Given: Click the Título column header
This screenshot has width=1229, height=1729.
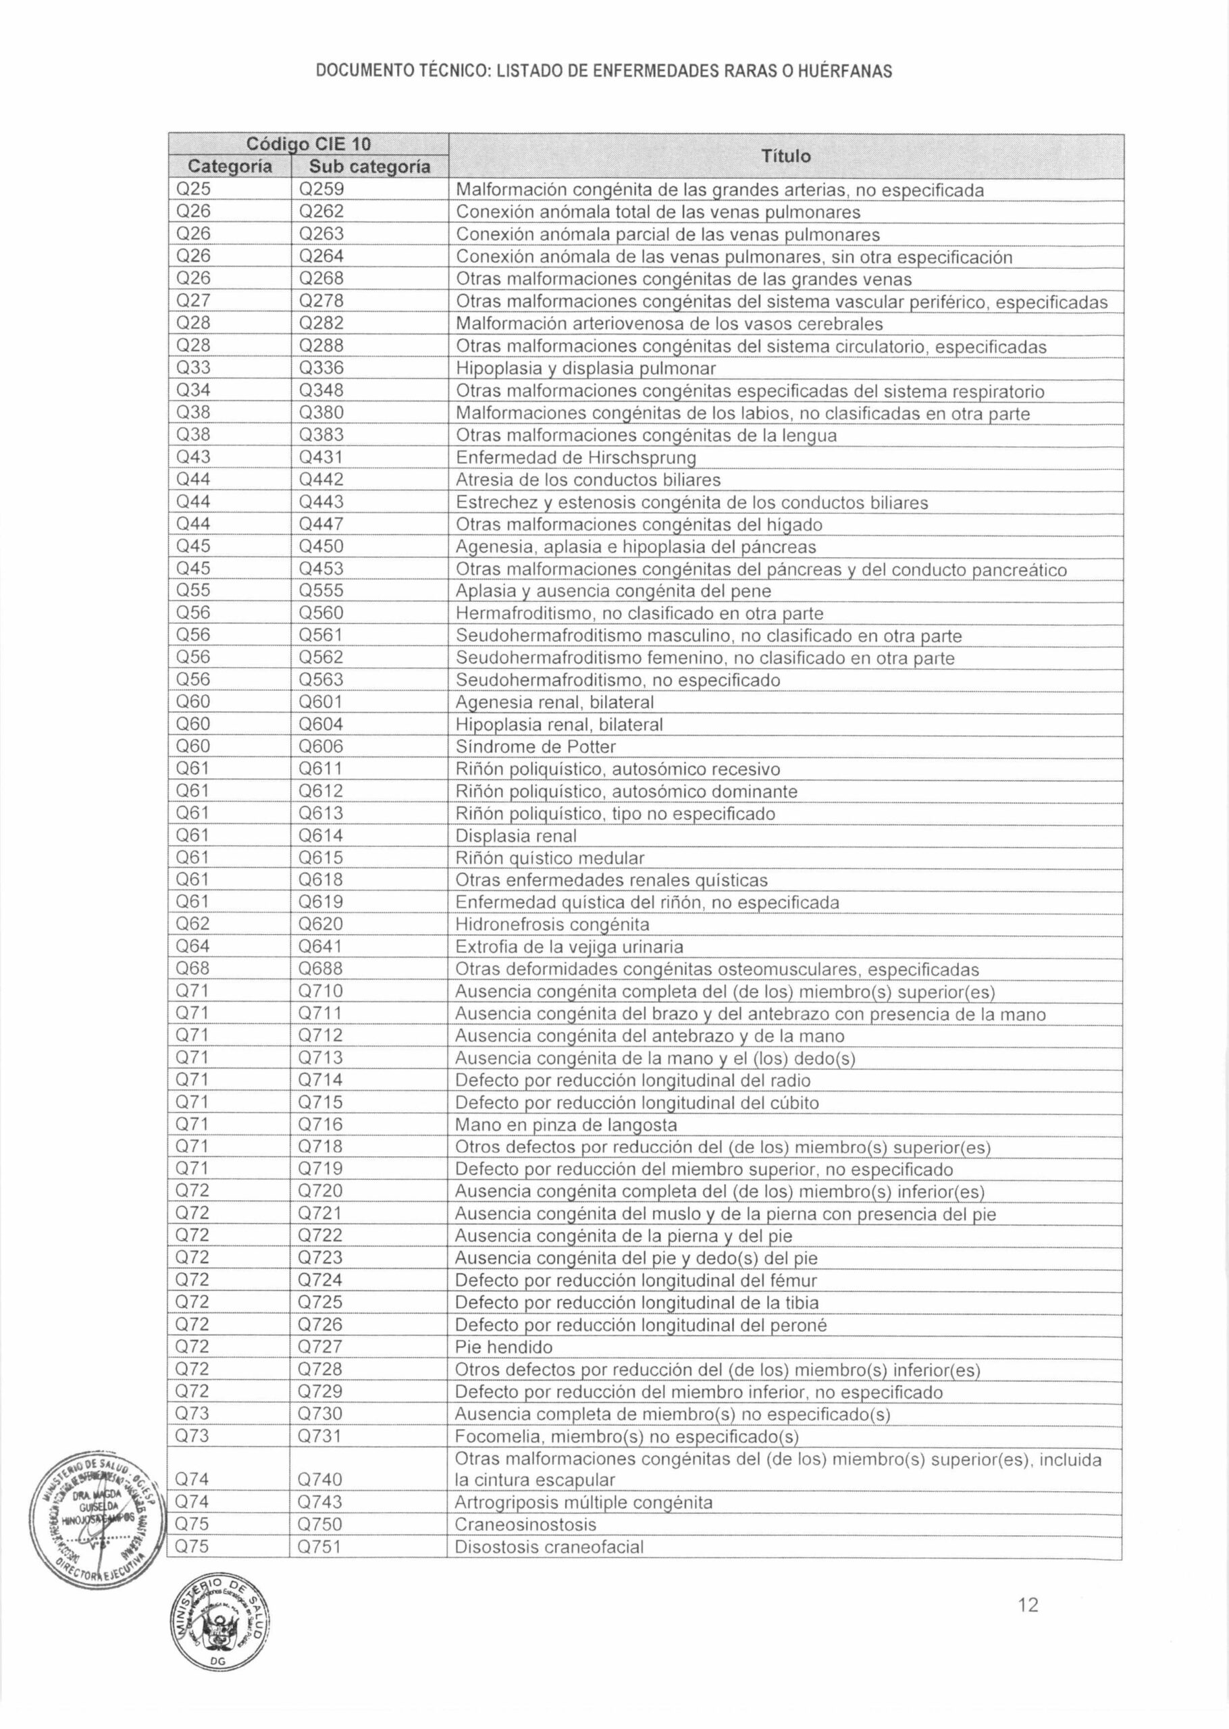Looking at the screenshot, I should (x=785, y=156).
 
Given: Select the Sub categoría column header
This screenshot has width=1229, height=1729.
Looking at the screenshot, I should (x=369, y=166).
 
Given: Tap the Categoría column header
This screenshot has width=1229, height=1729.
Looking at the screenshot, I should (x=230, y=166).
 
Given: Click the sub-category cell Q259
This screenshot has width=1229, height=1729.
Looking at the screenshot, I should (x=321, y=190).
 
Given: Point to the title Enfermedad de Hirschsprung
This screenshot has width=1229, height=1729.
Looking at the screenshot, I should (x=575, y=458).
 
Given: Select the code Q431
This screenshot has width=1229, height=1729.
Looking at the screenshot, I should (x=321, y=457).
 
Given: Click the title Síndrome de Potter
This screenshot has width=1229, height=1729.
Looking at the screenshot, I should (x=535, y=747).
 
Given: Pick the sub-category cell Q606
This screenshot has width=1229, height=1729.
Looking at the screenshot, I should (x=321, y=746).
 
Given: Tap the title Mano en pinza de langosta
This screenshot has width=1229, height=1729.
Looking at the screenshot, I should (x=565, y=1125).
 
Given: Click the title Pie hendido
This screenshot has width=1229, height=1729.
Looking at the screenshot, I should (x=503, y=1347).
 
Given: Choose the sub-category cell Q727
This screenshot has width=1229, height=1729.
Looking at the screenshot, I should (x=320, y=1347).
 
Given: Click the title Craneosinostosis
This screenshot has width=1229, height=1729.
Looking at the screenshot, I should (x=525, y=1525).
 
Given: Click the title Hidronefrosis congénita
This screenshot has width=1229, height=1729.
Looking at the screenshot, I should (x=552, y=925).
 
